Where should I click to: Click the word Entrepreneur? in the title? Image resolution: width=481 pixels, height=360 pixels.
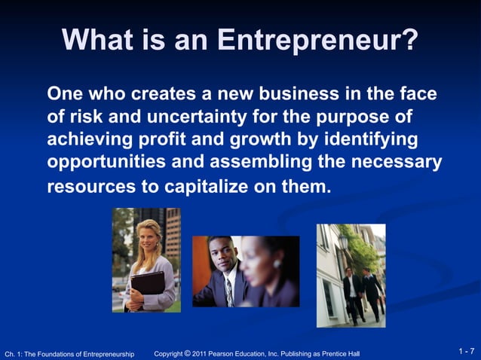click(x=317, y=40)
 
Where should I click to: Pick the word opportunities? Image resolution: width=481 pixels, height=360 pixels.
click(x=109, y=163)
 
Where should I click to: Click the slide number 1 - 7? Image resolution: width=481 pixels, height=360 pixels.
click(x=466, y=352)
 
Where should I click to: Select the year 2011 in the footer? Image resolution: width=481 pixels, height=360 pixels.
click(x=201, y=353)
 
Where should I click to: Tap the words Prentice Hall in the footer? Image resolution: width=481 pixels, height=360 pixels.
click(x=341, y=353)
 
